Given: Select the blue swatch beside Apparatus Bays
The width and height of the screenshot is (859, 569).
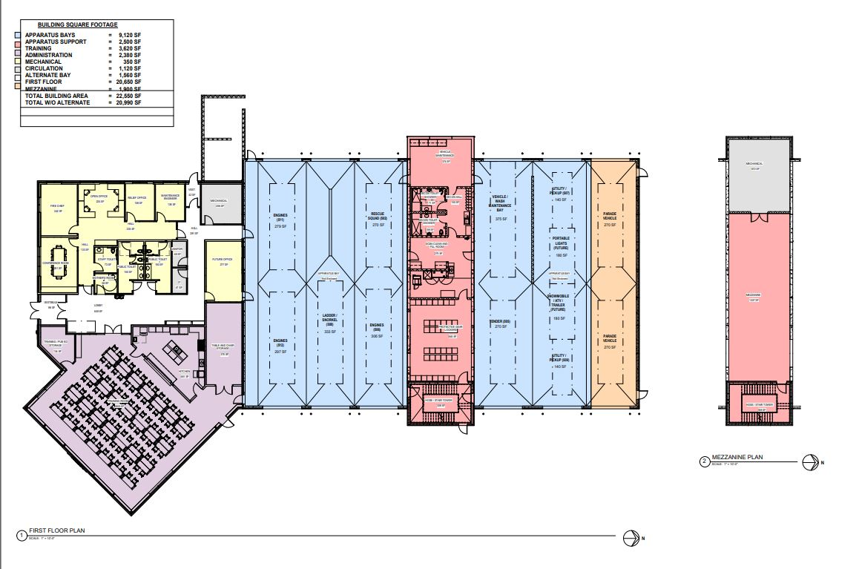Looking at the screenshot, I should [x=20, y=35].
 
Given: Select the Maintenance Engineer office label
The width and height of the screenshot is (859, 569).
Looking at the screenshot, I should [x=171, y=197].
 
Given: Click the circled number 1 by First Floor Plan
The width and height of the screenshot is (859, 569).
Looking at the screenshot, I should [x=22, y=533].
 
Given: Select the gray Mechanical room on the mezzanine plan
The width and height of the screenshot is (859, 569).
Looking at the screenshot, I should [x=758, y=175].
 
